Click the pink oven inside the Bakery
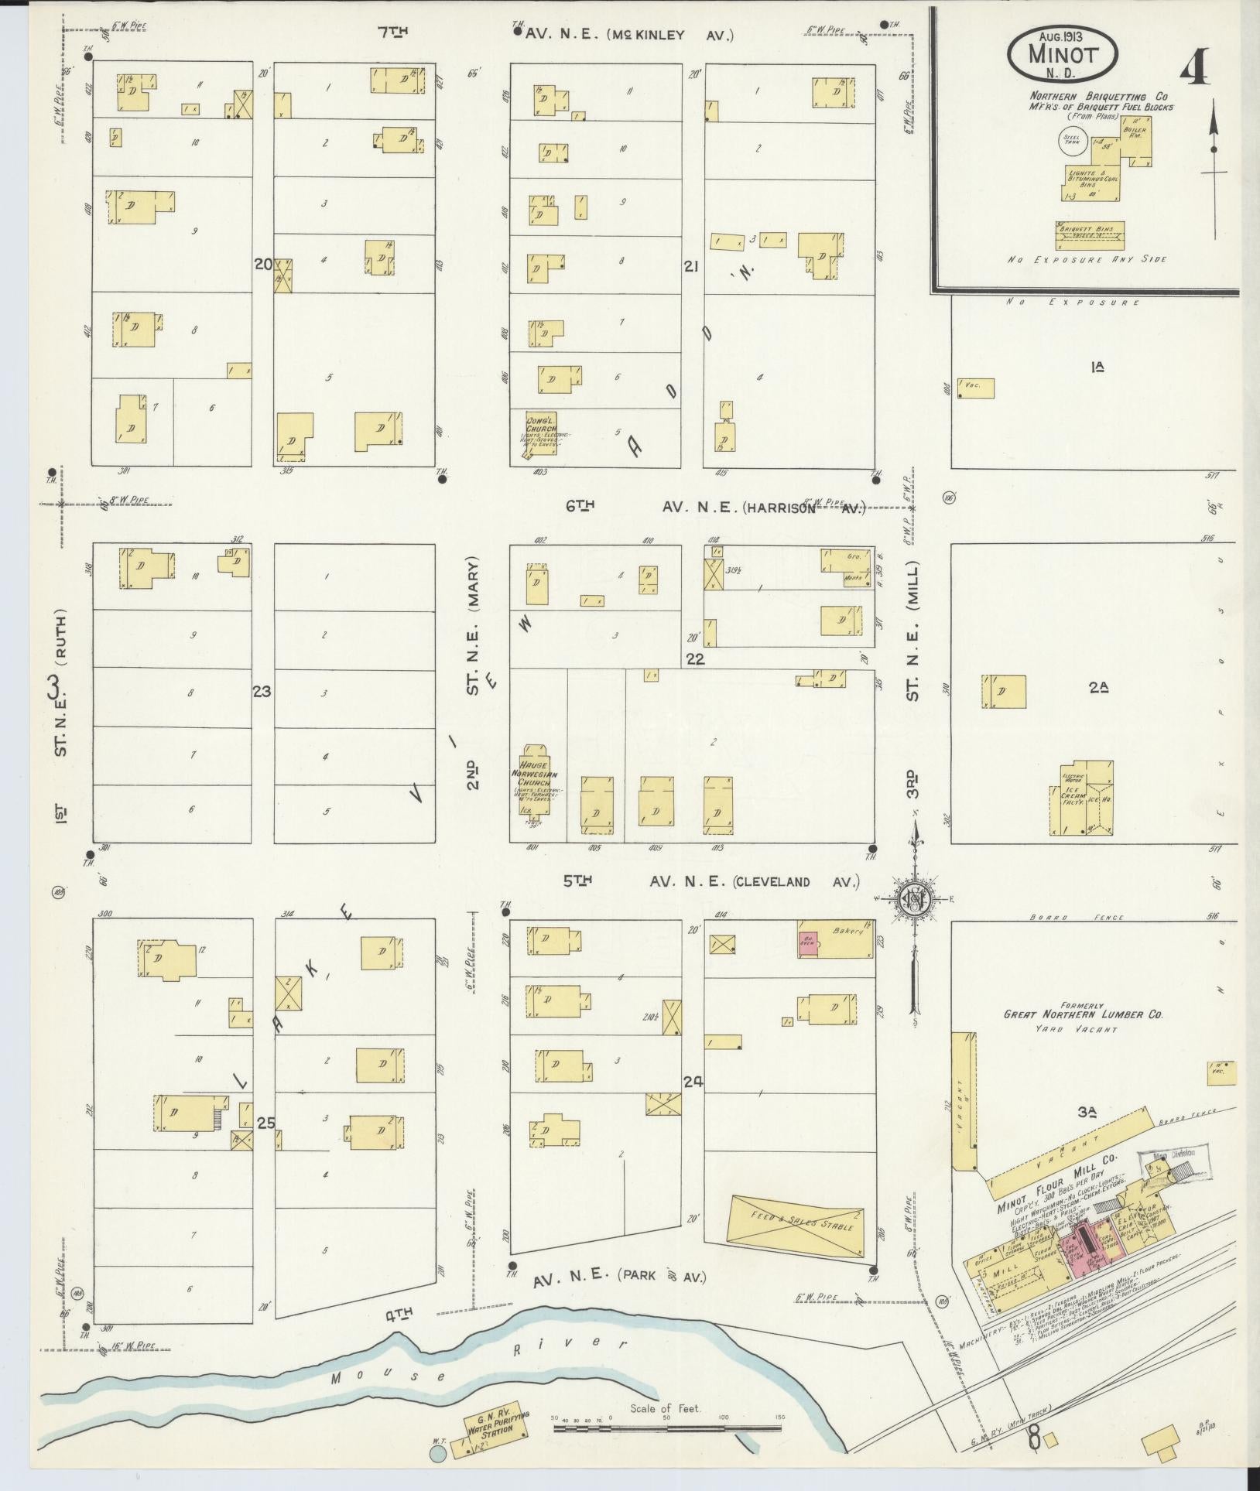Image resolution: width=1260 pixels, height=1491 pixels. pyautogui.click(x=809, y=942)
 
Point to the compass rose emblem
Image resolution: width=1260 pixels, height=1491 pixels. pyautogui.click(x=914, y=898)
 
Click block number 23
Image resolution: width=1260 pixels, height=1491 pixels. pyautogui.click(x=262, y=692)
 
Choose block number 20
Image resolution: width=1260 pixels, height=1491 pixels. pyautogui.click(x=263, y=264)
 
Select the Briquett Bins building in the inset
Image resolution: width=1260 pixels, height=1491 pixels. pyautogui.click(x=1089, y=231)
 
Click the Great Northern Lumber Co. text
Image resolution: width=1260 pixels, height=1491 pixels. pyautogui.click(x=1083, y=1014)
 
